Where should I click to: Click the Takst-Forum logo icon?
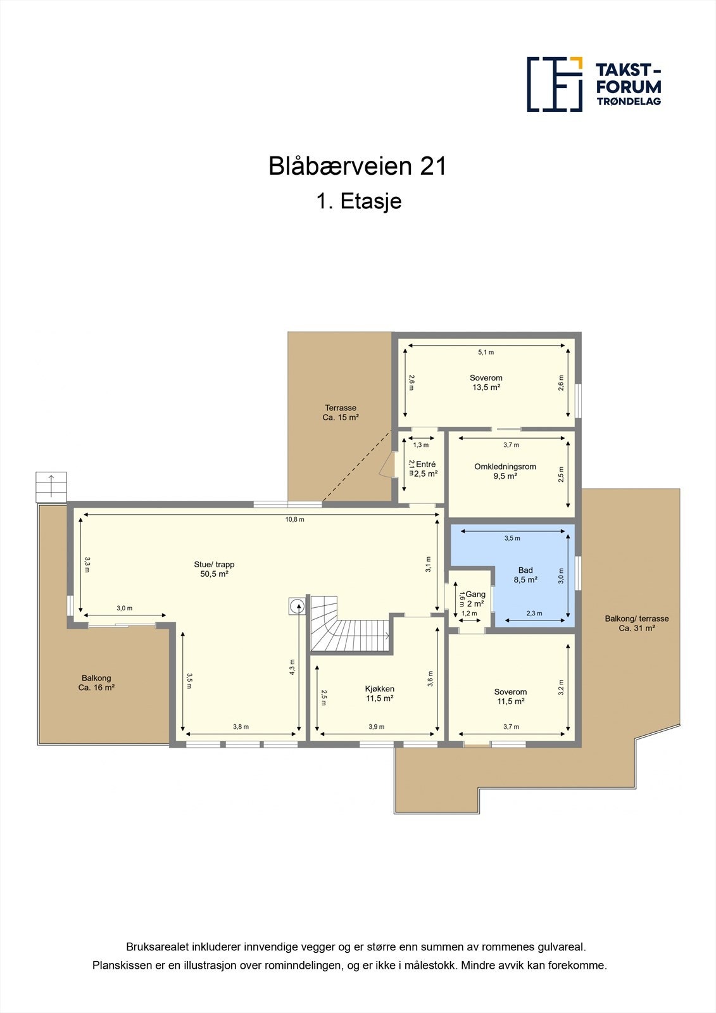click(x=555, y=84)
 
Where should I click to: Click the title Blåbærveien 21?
click(x=358, y=167)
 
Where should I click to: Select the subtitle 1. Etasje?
click(x=358, y=201)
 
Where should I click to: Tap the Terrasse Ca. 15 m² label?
click(x=341, y=413)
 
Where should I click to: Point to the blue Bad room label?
click(x=525, y=575)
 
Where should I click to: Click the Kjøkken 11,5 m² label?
click(x=379, y=694)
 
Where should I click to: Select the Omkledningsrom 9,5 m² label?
click(x=505, y=471)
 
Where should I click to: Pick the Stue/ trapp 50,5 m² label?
click(x=214, y=569)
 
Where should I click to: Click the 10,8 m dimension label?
click(x=294, y=520)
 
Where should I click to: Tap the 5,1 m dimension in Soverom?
click(x=486, y=352)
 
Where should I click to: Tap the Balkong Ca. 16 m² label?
click(x=96, y=683)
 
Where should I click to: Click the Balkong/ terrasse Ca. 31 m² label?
click(x=636, y=623)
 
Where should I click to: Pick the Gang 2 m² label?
click(x=475, y=599)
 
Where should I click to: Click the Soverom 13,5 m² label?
click(x=486, y=382)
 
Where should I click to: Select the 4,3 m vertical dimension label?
click(x=292, y=667)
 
